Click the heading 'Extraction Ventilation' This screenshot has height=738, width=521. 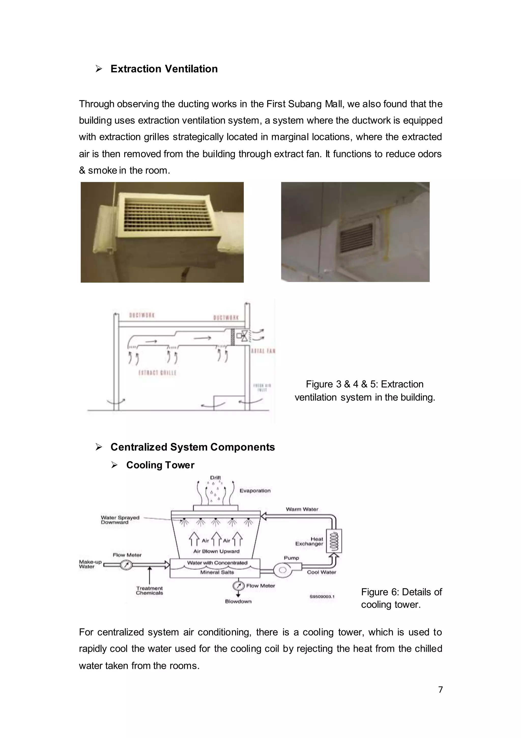[x=164, y=69]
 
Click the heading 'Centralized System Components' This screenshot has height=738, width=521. [x=192, y=447]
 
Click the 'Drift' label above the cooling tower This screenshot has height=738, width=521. [x=215, y=478]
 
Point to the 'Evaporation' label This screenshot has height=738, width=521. [x=255, y=490]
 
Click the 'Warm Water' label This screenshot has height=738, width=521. [x=302, y=509]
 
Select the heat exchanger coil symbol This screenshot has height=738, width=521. [x=334, y=541]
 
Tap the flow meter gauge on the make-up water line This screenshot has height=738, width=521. [x=126, y=565]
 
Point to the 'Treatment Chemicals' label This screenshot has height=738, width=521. [x=149, y=590]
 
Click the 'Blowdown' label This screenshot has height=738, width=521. [x=238, y=601]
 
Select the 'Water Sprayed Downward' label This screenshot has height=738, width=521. [x=120, y=520]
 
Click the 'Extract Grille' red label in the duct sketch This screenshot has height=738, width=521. [x=157, y=373]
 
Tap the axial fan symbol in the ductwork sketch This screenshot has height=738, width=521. [x=244, y=336]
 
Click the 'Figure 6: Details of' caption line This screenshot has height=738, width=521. [x=401, y=592]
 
